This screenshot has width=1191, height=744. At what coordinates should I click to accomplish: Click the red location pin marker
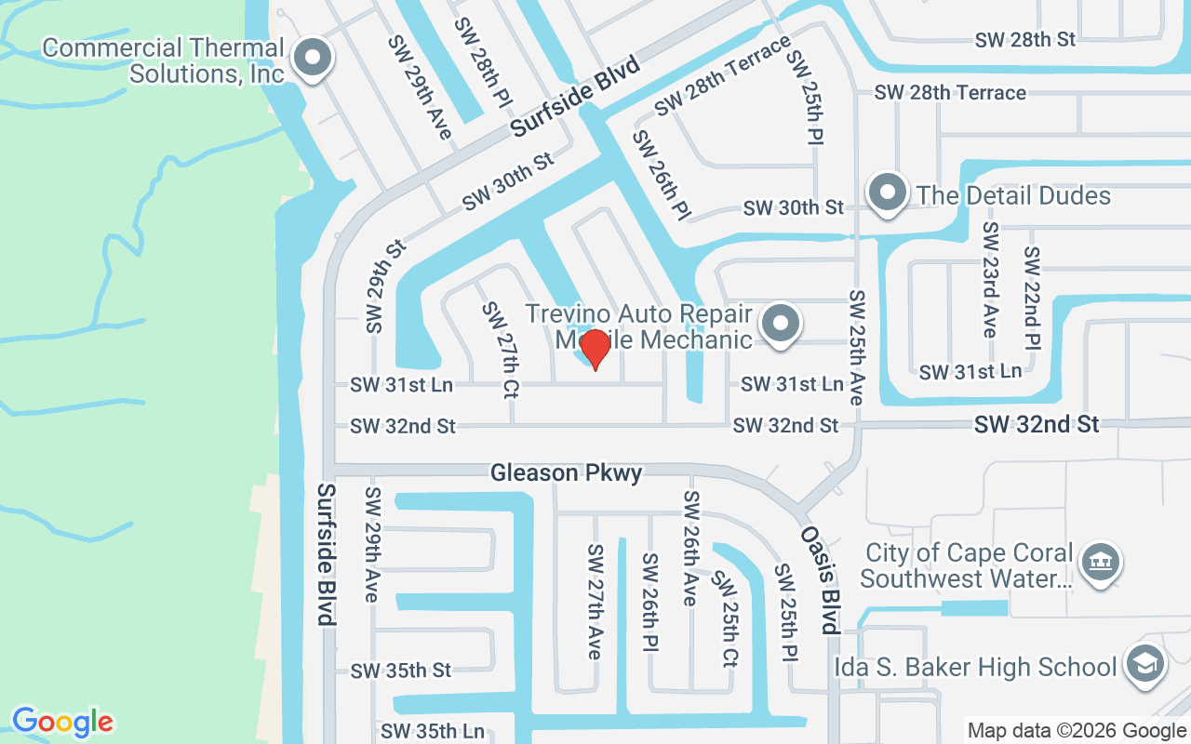click(x=595, y=349)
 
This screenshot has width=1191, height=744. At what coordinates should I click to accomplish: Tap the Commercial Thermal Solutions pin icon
click(x=313, y=59)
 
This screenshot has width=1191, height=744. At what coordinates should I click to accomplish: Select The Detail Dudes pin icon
click(x=887, y=193)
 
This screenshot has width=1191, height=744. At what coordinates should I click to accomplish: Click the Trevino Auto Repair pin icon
click(x=781, y=325)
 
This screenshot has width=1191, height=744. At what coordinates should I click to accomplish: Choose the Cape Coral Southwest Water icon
click(x=1101, y=562)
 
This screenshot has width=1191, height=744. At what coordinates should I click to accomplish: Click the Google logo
click(x=62, y=721)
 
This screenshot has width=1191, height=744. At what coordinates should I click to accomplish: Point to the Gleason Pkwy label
click(x=566, y=473)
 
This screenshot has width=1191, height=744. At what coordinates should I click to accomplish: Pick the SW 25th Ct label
click(x=725, y=618)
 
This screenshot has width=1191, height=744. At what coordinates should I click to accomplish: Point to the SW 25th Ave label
click(x=856, y=347)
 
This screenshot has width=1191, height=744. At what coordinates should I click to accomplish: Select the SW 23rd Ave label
click(x=990, y=280)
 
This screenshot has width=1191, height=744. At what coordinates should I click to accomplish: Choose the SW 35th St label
click(x=401, y=671)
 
